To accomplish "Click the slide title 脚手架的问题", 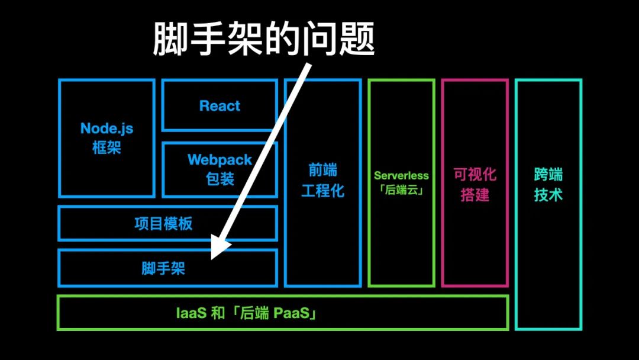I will pos(264,40).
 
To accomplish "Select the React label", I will pos(220,106).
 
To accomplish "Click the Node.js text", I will pos(106,128).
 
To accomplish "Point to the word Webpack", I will pos(220,160).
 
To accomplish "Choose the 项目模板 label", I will pos(163,224).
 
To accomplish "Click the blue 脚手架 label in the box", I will pos(163,268).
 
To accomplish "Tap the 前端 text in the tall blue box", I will pos(322,171).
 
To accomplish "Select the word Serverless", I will pos(401,175).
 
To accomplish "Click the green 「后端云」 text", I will pos(401,191).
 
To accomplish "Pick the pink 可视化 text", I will pos(475,174).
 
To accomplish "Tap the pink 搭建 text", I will pos(475,195).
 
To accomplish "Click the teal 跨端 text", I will pos(548,174).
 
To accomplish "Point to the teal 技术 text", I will pos(548,195).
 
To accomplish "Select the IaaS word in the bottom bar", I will pos(191,313).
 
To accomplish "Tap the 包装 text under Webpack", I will pos(220,179).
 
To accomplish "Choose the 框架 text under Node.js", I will pos(106,147).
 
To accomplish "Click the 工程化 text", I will pos(322,191).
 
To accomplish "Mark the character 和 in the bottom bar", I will pos(218,313).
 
